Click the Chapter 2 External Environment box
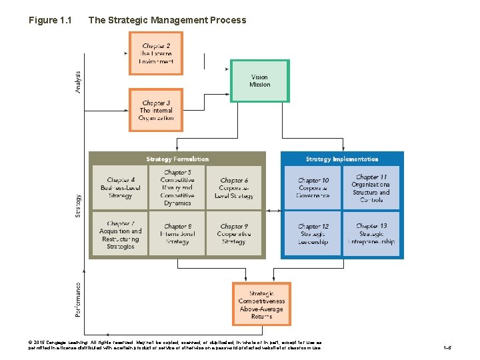coord(156,53)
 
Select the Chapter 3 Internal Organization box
coord(156,110)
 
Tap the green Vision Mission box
coord(259,81)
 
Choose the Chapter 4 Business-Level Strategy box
coord(120,188)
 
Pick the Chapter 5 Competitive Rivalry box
coord(177,187)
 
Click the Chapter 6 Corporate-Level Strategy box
coord(233,188)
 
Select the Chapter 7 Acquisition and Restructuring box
coord(120,234)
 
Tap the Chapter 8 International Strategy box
coord(177,234)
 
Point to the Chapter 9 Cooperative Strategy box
coord(233,234)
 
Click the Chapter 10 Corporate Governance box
coord(313,188)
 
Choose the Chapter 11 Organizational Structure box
coord(371,188)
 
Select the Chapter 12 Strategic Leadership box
coord(313,234)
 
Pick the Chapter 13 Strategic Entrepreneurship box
coord(371,234)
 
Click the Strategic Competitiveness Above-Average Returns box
coord(261,304)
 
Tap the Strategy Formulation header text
coord(177,159)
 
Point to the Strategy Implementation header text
coord(342,159)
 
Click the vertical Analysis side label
coord(78,82)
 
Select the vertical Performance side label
coord(78,299)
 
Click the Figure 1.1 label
coord(51,20)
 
